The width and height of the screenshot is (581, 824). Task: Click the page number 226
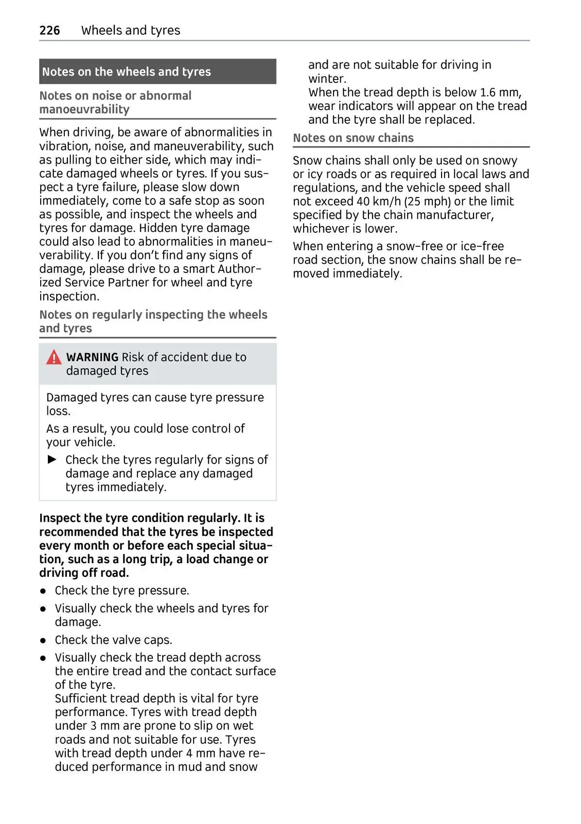pos(49,30)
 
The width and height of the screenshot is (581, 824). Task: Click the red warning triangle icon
pos(54,358)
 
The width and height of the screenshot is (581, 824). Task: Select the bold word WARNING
pos(92,357)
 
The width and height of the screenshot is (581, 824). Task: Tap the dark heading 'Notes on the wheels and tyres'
pos(126,72)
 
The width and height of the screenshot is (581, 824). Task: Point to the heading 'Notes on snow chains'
pos(353,138)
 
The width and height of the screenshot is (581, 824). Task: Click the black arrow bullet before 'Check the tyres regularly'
pos(52,459)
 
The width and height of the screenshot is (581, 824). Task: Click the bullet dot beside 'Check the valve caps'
pos(43,641)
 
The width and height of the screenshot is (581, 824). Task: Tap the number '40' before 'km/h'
pos(363,201)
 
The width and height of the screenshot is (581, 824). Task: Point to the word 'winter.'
pos(327,78)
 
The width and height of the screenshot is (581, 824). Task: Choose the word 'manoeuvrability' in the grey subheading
pos(84,109)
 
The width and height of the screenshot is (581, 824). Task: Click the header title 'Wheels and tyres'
pos(131,30)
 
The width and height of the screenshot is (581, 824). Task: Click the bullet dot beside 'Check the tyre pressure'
pos(43,591)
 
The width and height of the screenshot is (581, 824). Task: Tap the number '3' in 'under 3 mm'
pos(93,726)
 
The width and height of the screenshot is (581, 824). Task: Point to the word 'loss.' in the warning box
pos(58,411)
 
